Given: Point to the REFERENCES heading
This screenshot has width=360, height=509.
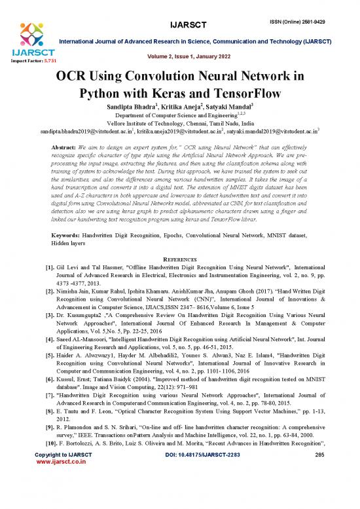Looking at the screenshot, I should [x=180, y=256].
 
